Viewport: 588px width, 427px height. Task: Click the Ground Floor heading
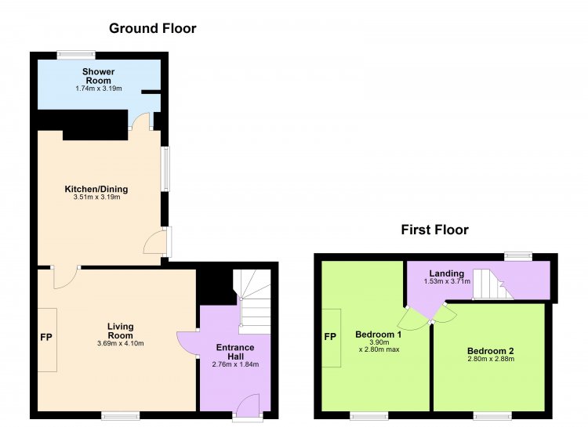point(153,28)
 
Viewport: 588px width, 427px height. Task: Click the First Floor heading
point(434,230)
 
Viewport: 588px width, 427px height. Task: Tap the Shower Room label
point(99,76)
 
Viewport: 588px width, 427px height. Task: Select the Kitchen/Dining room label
point(96,189)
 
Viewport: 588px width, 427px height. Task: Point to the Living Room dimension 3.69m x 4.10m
point(121,343)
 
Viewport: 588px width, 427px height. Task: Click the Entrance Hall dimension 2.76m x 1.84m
point(235,364)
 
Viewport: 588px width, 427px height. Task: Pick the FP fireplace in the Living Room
point(46,338)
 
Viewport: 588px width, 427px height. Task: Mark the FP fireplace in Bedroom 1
point(331,337)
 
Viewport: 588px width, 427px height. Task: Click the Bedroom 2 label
point(491,351)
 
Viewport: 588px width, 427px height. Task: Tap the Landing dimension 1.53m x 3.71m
point(447,281)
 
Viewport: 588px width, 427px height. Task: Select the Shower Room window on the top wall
point(76,55)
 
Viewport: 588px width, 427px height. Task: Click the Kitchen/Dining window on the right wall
point(165,168)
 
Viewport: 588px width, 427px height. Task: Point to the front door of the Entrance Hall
point(248,406)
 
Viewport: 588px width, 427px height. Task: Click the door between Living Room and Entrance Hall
point(187,342)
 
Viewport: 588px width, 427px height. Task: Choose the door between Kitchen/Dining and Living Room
point(66,278)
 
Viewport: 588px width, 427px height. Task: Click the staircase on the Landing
point(493,284)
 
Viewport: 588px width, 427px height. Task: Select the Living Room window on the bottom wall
point(121,415)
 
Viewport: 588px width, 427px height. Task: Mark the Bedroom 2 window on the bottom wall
point(492,415)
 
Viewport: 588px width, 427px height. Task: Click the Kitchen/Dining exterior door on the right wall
point(158,242)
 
